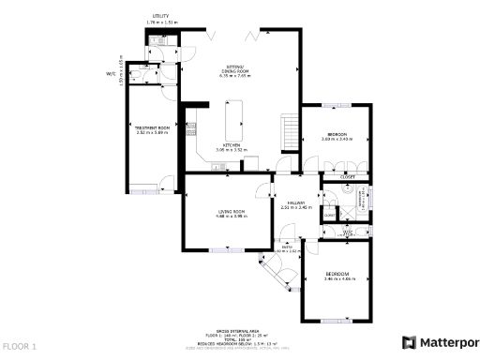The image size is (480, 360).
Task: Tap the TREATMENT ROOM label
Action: (x=152, y=127)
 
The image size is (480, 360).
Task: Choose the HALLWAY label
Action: (x=295, y=203)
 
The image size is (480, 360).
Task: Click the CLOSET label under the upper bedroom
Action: (x=347, y=175)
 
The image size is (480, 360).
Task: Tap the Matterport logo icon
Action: (x=409, y=341)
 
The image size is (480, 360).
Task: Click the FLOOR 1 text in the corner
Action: (x=20, y=346)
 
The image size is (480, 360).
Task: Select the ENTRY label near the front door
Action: (x=286, y=247)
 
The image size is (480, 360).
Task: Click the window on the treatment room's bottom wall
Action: (x=143, y=191)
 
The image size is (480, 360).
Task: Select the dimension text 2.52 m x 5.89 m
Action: (x=152, y=132)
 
